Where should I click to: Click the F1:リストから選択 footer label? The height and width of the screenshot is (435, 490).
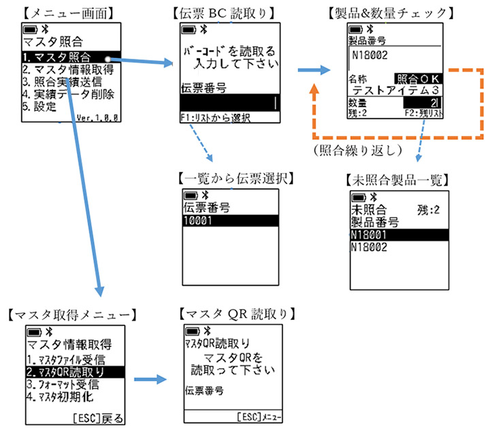point(216,117)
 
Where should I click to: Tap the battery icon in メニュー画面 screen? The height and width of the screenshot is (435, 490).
point(31,31)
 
